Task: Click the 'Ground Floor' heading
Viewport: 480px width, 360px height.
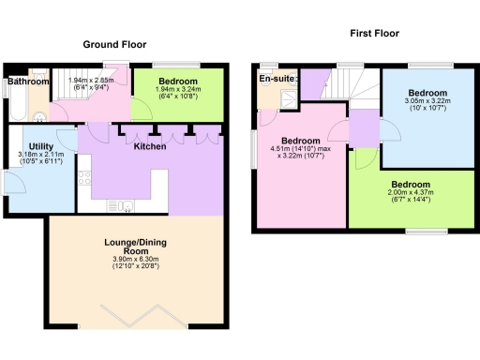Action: coord(114,44)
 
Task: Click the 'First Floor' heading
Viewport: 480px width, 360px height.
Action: coord(375,33)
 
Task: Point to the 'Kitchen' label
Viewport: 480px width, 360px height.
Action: coord(150,147)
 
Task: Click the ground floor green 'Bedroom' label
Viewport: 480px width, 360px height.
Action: coord(177,82)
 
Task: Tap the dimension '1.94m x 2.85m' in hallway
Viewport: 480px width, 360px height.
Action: coord(91,81)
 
